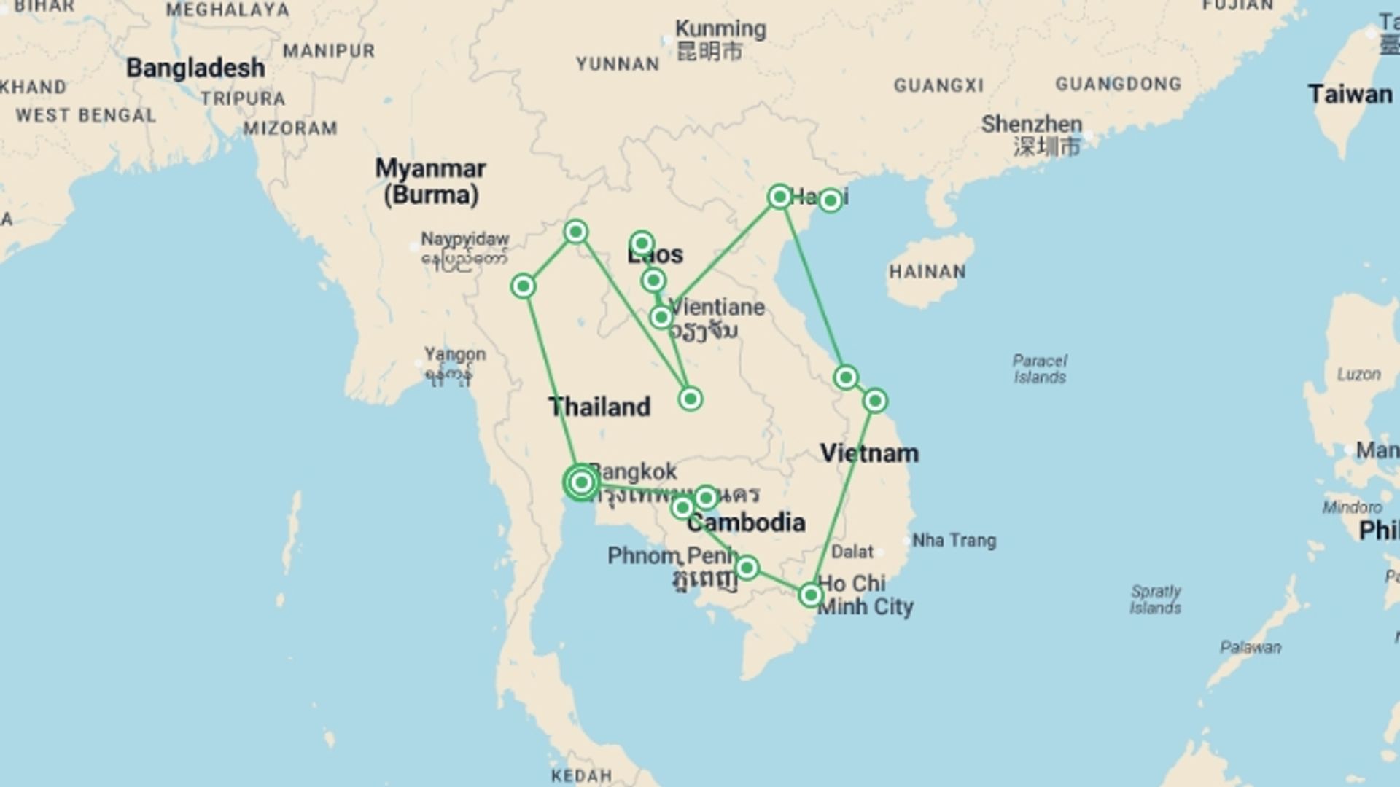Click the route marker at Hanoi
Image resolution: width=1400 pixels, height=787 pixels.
(779, 197)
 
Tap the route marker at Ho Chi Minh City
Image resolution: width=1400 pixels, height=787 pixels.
(810, 595)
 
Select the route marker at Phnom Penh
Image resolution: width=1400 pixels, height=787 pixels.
(747, 567)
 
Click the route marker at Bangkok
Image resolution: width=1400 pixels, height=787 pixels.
(581, 482)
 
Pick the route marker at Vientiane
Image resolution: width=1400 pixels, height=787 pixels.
(661, 317)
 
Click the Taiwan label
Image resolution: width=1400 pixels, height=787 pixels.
(1349, 95)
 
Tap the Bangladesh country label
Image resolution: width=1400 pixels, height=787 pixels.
(195, 68)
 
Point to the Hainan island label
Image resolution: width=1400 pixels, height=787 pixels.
(927, 272)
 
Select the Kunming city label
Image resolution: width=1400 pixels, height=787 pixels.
(720, 29)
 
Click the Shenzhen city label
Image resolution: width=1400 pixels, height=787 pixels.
(1031, 124)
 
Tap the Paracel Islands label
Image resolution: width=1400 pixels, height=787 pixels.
(1039, 369)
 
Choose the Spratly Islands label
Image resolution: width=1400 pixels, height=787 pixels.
(1155, 599)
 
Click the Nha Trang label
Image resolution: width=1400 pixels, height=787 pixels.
(954, 541)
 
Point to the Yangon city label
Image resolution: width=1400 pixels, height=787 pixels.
(454, 355)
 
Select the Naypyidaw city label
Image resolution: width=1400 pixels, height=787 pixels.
(464, 240)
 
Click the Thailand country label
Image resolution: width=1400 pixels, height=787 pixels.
(599, 407)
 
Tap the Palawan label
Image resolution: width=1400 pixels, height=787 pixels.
(1250, 647)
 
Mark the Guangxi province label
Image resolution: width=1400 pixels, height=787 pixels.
(938, 86)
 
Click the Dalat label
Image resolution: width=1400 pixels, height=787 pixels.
(852, 552)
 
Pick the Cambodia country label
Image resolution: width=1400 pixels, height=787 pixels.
(746, 522)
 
